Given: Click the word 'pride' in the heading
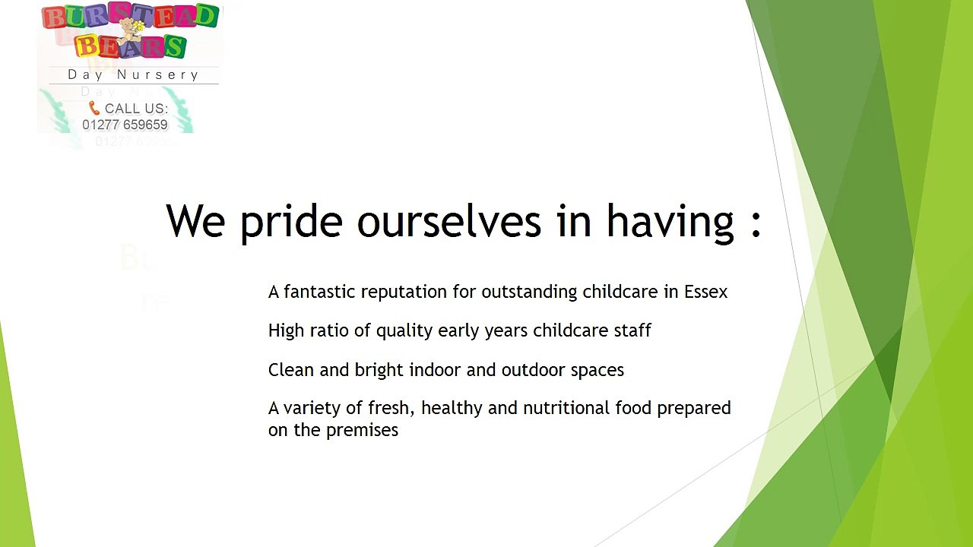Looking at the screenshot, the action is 291,223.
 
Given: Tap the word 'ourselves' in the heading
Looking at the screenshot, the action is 449,221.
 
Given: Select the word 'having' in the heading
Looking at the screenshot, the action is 670,223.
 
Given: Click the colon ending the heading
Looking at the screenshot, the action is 756,223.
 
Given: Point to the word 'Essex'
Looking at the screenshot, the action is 706,292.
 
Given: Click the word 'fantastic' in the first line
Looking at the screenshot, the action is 320,292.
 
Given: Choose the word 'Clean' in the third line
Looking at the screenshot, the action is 290,370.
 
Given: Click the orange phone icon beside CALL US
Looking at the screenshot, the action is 93,108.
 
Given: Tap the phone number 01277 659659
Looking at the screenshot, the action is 125,125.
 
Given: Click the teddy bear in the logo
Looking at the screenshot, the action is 130,31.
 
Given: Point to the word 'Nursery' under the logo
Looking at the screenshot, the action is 157,75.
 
